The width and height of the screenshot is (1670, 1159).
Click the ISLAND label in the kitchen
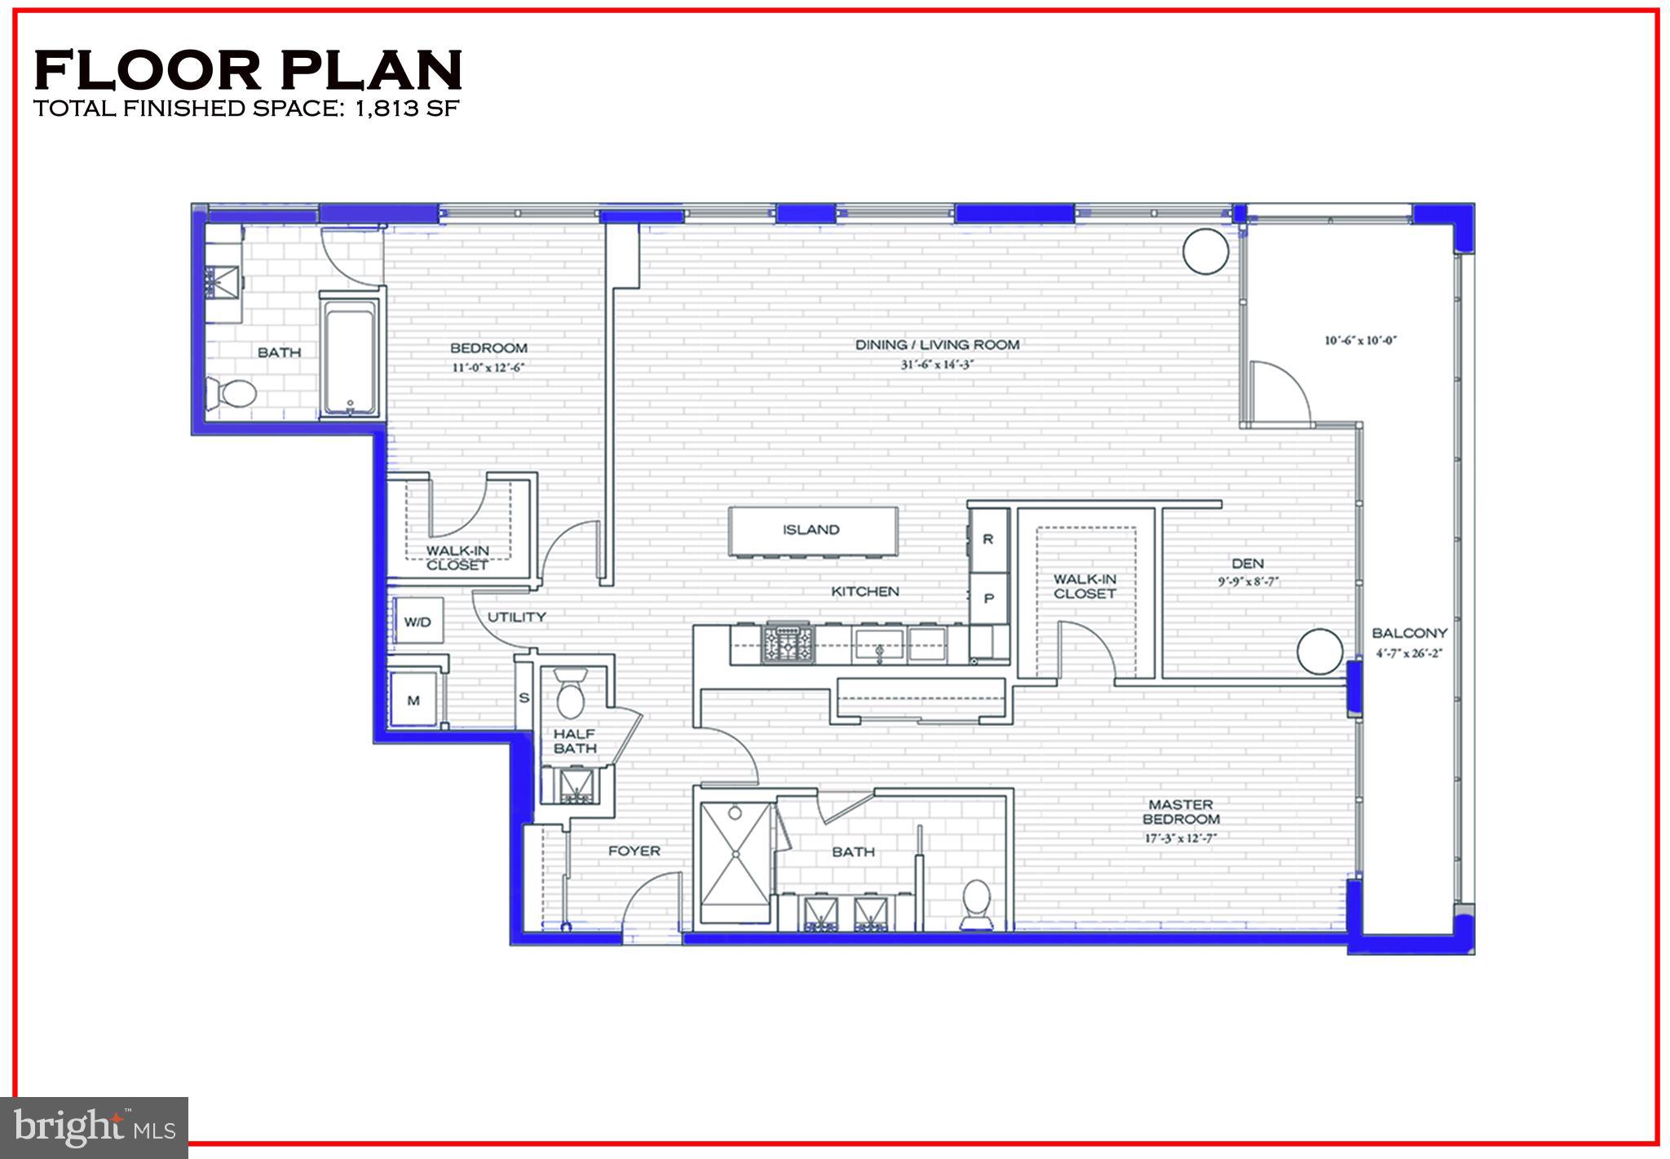[x=811, y=530]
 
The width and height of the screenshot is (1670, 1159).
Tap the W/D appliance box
[x=417, y=622]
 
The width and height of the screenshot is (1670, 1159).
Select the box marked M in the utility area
[x=414, y=700]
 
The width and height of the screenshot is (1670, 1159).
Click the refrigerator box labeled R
[x=988, y=539]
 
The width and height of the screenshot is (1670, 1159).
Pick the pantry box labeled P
[x=988, y=598]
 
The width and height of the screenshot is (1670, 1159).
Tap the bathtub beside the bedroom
[x=350, y=356]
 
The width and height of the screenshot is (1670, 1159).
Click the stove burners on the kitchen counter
[x=787, y=644]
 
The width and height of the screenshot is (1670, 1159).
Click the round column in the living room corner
[x=1205, y=251]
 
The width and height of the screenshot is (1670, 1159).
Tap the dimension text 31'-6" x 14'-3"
[x=937, y=365]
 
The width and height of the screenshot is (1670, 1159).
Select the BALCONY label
[x=1409, y=633]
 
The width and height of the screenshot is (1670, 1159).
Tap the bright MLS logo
[x=94, y=1128]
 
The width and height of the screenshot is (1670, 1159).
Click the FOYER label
[x=634, y=851]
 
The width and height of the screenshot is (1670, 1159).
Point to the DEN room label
[x=1248, y=564]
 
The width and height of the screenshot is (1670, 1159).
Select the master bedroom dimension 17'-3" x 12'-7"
[x=1180, y=838]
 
